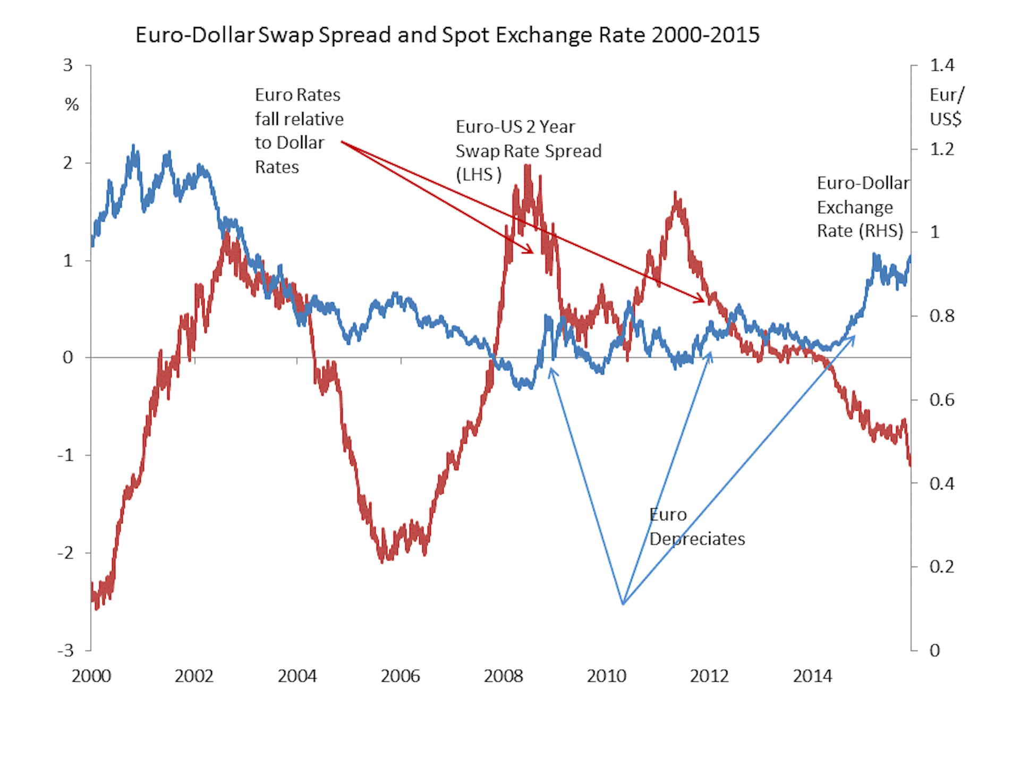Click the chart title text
[x=447, y=35]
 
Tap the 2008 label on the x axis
[x=503, y=676]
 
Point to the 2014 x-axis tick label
[x=812, y=676]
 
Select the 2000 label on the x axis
[x=91, y=676]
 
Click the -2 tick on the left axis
[x=66, y=552]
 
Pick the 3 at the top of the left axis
[x=67, y=65]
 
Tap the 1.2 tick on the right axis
[x=941, y=149]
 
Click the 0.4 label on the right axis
[x=941, y=483]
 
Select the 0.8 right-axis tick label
[x=941, y=316]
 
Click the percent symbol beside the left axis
[x=72, y=105]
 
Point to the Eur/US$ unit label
[x=946, y=107]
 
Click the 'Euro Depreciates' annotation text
[x=696, y=527]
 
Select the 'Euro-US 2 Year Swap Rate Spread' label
[x=528, y=151]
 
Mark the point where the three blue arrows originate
[x=623, y=603]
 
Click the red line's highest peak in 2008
[x=528, y=166]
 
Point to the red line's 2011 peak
[x=675, y=193]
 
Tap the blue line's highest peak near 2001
[x=133, y=146]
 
